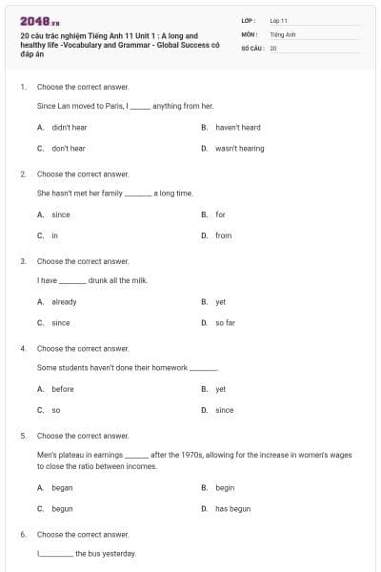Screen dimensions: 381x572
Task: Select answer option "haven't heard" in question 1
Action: [237, 127]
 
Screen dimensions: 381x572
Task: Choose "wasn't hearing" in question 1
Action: [239, 149]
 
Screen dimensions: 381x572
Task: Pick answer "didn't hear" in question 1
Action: [69, 127]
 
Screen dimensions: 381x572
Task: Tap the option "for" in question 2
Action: [220, 214]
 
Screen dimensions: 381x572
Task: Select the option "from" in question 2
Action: [223, 235]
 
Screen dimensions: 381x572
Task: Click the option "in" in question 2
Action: [54, 235]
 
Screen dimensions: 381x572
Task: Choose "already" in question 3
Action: [64, 301]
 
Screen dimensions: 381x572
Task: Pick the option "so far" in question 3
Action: [225, 323]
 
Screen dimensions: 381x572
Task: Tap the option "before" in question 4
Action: [62, 389]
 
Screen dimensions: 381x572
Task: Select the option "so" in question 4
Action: [55, 410]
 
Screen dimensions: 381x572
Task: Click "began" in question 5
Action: [62, 487]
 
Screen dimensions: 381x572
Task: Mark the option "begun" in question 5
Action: [62, 509]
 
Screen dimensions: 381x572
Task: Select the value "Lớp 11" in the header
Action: [278, 20]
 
